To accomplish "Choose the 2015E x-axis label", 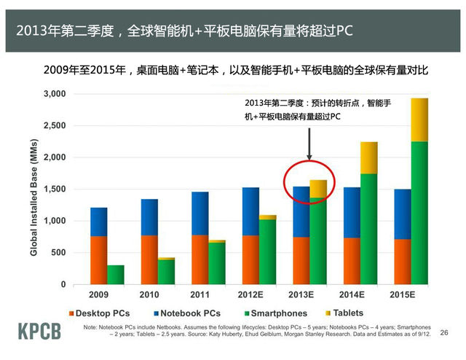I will [401, 295].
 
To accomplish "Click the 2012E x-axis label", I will [250, 295].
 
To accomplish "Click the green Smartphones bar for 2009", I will [116, 275].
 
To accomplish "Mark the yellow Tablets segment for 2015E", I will [419, 120].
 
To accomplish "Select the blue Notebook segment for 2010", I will [149, 216].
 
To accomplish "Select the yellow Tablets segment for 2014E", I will [369, 157].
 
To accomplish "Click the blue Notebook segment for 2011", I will [200, 213].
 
